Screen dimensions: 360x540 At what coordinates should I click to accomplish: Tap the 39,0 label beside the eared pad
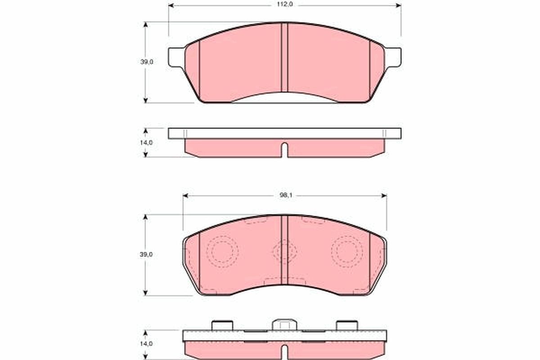(x=147, y=62)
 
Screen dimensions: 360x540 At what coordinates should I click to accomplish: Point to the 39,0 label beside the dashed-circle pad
(x=147, y=254)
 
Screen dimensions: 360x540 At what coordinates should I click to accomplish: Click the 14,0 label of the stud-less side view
(x=147, y=142)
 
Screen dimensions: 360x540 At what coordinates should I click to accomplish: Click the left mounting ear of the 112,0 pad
(x=176, y=57)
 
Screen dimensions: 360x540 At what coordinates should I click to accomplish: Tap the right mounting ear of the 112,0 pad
(x=393, y=57)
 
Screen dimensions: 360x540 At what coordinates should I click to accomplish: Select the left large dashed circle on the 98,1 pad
(x=221, y=251)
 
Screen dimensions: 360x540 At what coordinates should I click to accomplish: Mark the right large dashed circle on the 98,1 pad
(x=347, y=251)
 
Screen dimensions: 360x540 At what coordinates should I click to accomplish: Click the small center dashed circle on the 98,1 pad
(x=284, y=251)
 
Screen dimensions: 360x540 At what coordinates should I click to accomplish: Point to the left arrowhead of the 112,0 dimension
(x=171, y=6)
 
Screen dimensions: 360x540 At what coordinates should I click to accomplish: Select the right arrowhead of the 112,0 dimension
(x=398, y=6)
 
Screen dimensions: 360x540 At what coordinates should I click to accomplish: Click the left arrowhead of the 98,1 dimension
(x=185, y=196)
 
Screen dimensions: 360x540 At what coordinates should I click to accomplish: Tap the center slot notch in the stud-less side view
(x=284, y=150)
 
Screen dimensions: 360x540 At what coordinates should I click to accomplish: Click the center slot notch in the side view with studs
(x=284, y=352)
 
